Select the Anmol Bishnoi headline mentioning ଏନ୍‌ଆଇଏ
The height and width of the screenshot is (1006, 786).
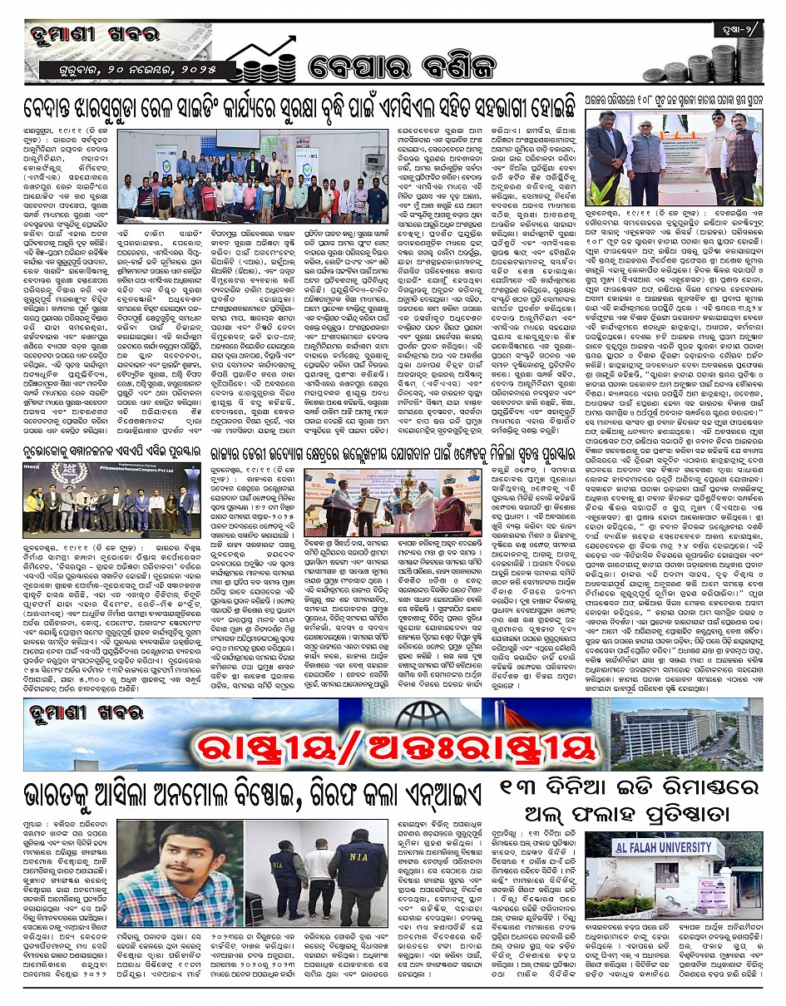pos(254,796)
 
